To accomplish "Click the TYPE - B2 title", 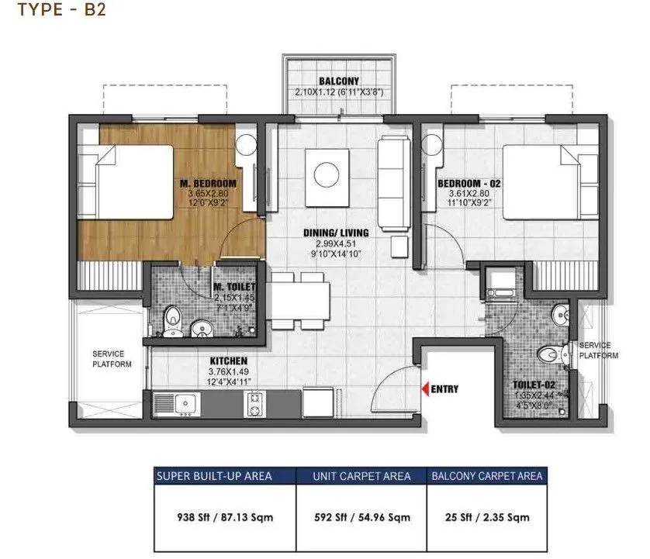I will click(50, 11).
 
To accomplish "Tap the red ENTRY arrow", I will click(424, 388).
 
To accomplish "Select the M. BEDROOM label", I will click(207, 183).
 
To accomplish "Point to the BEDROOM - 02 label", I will click(465, 183).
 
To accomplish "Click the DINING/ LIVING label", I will click(336, 233).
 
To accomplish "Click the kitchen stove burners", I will click(254, 402).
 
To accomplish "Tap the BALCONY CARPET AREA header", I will click(486, 475).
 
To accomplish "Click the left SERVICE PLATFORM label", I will click(112, 358).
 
